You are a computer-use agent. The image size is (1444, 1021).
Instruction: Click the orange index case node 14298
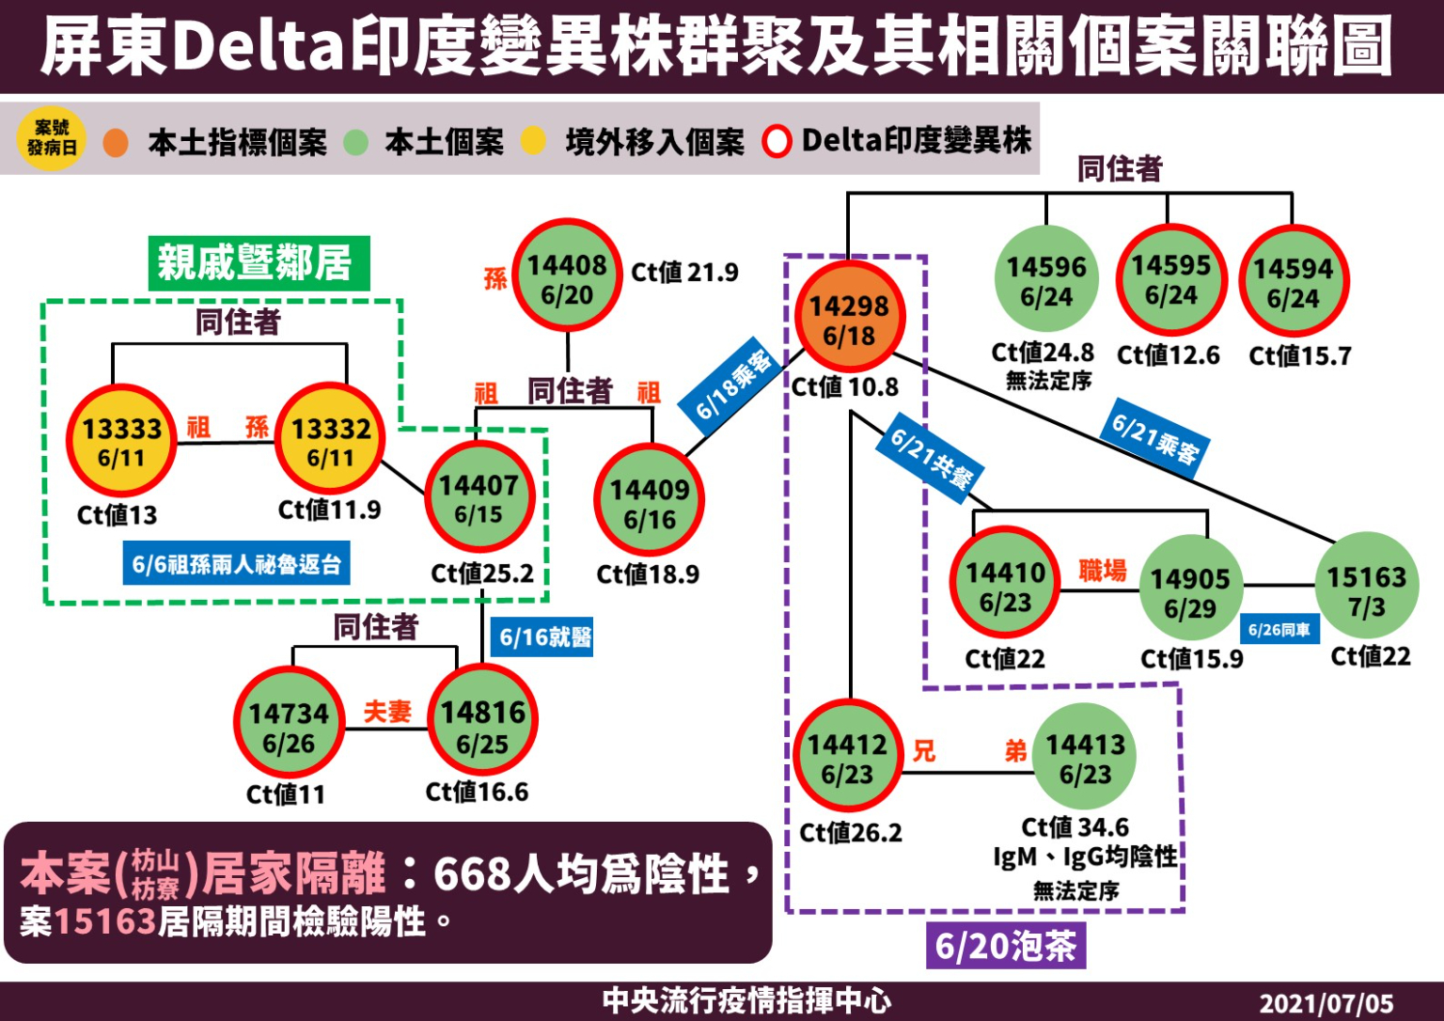849,320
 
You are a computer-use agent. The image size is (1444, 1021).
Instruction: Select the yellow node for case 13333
121,442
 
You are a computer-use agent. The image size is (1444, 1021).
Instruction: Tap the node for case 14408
567,278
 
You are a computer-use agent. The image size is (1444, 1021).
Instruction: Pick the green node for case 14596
1046,280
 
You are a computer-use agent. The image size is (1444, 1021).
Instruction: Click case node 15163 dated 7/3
1366,590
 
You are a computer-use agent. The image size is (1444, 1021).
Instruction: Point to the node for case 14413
1085,758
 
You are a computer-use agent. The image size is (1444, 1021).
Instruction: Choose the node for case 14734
289,727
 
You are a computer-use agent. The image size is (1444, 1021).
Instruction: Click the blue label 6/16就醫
545,637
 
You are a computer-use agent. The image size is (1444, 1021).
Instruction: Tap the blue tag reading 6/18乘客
734,385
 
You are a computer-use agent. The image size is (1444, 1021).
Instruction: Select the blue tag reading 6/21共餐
930,458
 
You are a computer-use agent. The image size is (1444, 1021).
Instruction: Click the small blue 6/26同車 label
1279,629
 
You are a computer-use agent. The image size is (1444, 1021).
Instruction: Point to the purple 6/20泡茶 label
1005,946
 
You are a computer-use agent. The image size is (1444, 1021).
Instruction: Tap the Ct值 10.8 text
844,387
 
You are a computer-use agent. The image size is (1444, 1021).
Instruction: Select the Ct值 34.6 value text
1075,827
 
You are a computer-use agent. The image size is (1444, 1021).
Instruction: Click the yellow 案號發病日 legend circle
52,138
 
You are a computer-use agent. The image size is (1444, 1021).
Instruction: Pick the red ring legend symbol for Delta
777,142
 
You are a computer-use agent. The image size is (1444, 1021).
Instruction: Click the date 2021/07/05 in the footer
1326,1003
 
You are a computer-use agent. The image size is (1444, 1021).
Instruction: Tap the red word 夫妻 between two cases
387,712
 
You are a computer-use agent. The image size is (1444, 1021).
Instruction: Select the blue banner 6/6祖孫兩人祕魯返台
236,564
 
